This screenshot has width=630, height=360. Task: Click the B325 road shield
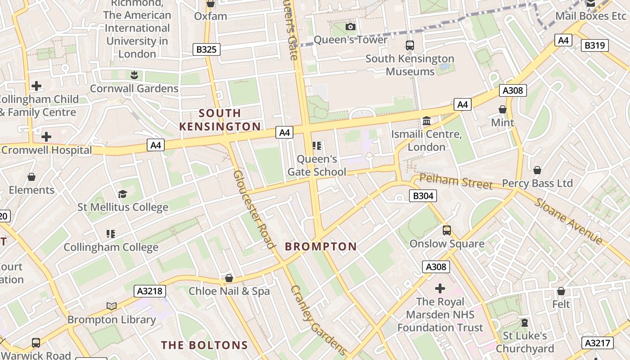207,49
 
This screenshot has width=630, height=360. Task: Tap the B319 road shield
595,45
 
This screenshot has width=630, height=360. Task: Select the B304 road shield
423,196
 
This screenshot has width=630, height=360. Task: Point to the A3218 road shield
150,291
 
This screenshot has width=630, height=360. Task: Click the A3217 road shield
598,343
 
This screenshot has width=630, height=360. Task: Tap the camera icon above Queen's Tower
350,27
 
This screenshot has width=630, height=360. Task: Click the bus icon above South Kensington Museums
409,45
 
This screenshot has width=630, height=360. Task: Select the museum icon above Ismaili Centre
427,121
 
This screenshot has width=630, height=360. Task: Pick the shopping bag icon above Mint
503,109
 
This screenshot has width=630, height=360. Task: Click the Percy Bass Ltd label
537,183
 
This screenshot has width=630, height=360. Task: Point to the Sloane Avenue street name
569,220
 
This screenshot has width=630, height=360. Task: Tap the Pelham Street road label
456,181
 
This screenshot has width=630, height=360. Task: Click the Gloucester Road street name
254,209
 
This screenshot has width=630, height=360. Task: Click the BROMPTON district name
321,247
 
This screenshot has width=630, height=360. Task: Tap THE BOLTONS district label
205,345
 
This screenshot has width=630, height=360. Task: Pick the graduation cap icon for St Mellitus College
122,194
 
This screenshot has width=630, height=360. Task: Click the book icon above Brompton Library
112,306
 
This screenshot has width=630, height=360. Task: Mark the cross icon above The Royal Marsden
440,288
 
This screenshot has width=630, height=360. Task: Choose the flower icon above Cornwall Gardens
134,75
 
